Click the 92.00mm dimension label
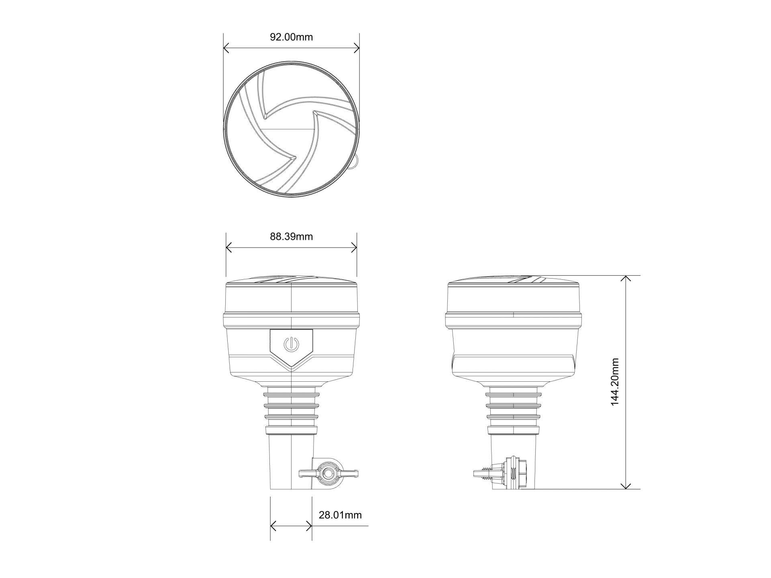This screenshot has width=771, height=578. click(x=291, y=37)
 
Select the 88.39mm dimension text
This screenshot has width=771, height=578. click(x=291, y=236)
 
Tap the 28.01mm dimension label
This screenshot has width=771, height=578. click(x=340, y=515)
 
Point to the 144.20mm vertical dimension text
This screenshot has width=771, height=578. click(x=615, y=382)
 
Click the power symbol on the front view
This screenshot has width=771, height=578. click(x=291, y=344)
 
